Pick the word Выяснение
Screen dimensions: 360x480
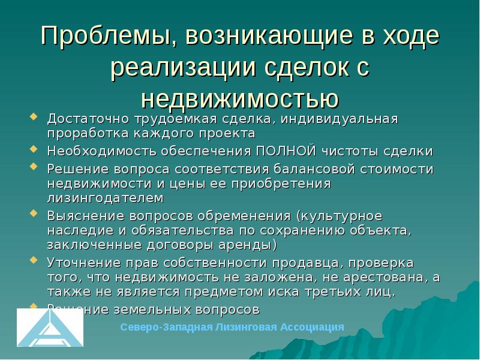80,215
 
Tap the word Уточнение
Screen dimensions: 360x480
80,262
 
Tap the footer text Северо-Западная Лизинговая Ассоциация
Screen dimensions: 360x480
232,327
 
